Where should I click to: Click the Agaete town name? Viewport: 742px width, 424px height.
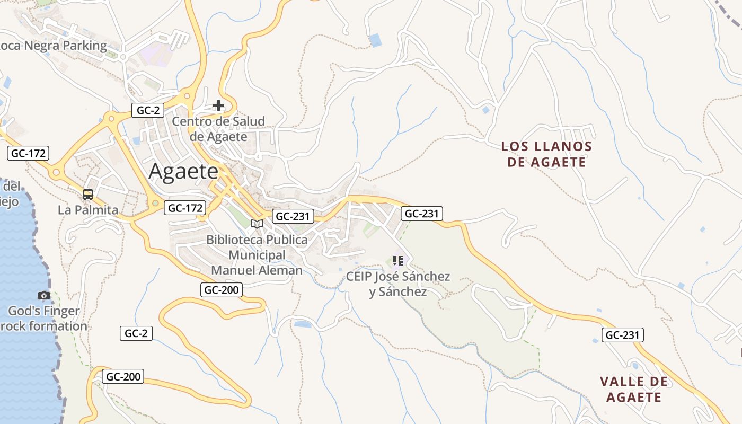183,171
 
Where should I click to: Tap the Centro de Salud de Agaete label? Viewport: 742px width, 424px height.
218,129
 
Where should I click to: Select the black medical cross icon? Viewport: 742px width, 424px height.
218,105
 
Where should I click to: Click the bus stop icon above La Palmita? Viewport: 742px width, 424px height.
88,195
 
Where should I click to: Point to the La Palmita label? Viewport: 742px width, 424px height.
88,210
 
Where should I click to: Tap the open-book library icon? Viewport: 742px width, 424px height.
257,224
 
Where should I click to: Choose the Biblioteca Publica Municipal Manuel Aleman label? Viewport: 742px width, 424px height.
257,255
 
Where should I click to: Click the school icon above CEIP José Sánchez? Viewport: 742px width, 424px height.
398,261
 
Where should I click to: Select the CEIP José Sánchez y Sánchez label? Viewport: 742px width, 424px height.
398,284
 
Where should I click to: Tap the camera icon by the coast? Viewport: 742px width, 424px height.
44,295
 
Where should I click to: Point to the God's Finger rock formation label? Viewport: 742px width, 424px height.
44,319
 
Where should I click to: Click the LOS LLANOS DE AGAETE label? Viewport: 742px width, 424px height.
546,154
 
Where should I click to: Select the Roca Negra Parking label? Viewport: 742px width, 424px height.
53,46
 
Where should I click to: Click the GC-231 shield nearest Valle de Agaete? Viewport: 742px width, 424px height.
623,335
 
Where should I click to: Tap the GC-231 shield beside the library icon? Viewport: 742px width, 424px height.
293,216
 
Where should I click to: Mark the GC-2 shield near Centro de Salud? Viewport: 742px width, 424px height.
148,110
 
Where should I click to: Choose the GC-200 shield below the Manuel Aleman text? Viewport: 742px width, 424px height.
222,290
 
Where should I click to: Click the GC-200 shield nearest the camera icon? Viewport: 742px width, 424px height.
123,377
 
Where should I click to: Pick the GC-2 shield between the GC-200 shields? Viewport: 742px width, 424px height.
136,333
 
